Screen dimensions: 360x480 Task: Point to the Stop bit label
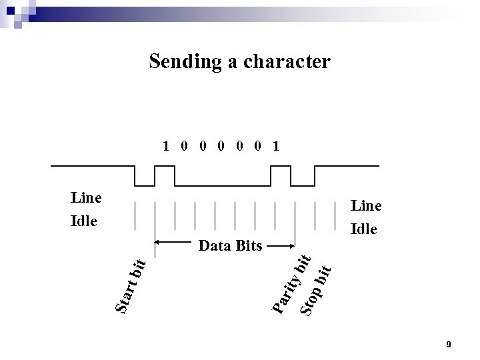pyautogui.click(x=316, y=289)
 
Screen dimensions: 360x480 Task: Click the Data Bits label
pyautogui.click(x=231, y=246)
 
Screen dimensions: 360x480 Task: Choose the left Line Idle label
pyautogui.click(x=86, y=208)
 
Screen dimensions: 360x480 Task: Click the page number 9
pyautogui.click(x=449, y=345)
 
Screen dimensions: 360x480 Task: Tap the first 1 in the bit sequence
pyautogui.click(x=167, y=145)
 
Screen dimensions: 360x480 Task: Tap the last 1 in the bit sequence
pyautogui.click(x=276, y=145)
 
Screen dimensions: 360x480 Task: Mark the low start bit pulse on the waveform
pyautogui.click(x=145, y=185)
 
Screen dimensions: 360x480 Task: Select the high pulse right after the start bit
pyautogui.click(x=164, y=166)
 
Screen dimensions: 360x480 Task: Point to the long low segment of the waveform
pyautogui.click(x=223, y=185)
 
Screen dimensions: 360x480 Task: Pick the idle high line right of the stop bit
pyautogui.click(x=347, y=166)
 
